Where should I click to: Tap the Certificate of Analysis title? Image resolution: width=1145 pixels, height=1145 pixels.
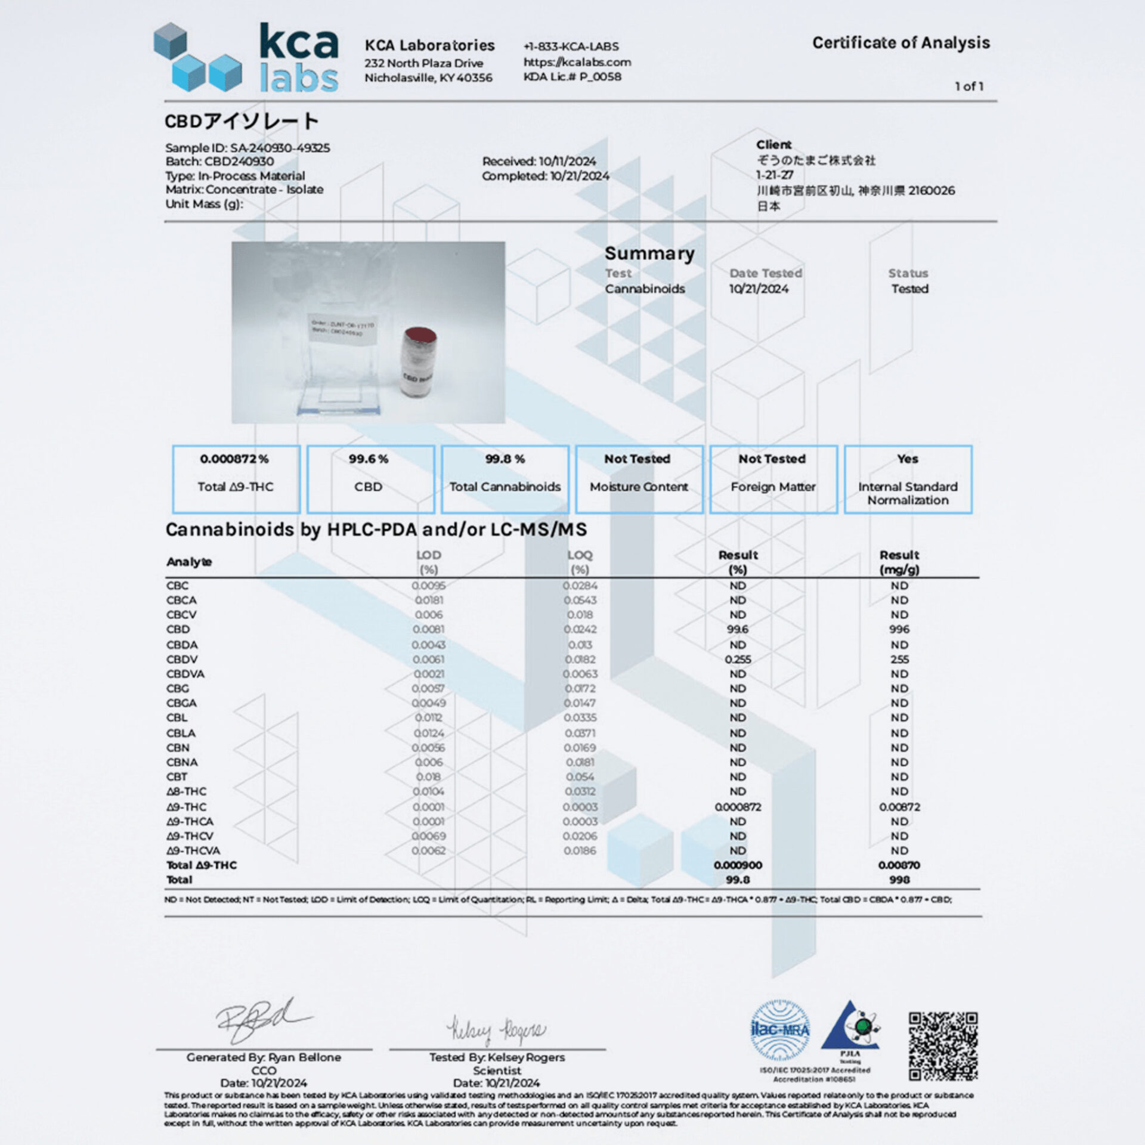(900, 43)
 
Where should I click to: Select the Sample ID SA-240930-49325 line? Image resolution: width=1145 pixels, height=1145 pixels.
(247, 148)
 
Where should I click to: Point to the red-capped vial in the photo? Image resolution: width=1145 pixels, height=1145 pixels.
(418, 361)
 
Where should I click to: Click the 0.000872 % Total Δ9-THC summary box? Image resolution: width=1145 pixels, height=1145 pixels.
(236, 479)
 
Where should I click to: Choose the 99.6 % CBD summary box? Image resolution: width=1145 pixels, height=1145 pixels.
(370, 479)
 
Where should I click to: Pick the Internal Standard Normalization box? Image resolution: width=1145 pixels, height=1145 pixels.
(908, 479)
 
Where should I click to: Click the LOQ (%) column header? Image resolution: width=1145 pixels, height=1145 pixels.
(580, 562)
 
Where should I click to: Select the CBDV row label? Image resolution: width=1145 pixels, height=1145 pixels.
(182, 659)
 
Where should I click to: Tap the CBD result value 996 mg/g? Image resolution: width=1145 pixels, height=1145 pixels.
(899, 629)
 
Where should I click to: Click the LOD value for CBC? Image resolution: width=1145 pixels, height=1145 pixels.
(428, 586)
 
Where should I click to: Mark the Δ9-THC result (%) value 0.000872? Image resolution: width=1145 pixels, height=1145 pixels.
(738, 807)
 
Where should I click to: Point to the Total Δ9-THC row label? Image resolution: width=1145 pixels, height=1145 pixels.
(202, 865)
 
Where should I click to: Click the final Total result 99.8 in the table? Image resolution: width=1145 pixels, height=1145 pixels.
(738, 880)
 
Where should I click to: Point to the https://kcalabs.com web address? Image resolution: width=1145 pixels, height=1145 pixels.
(577, 62)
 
